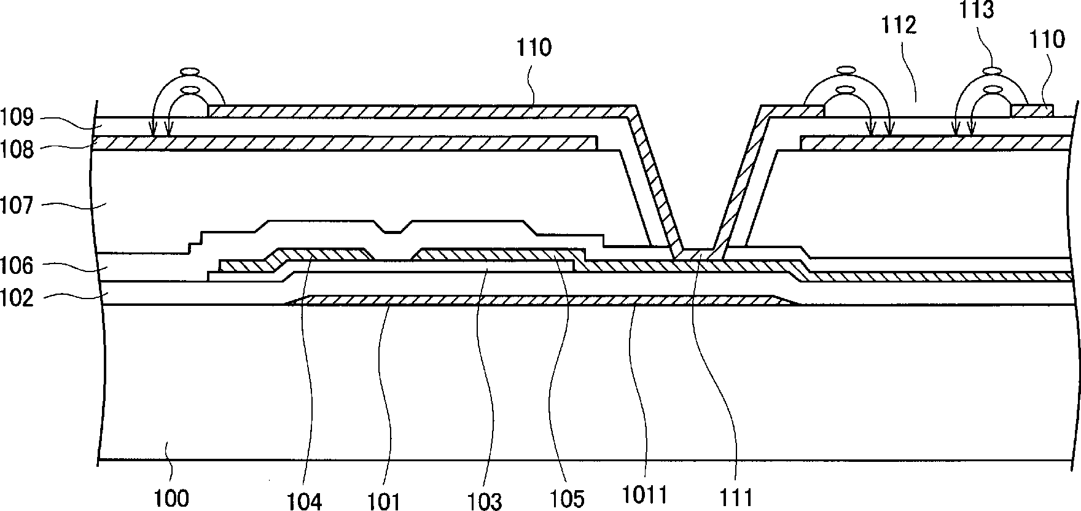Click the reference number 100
[171, 497]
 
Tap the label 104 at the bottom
[305, 501]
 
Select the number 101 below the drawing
[385, 501]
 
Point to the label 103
[485, 501]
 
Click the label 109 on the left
[17, 117]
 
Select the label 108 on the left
[17, 149]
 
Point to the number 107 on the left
[17, 204]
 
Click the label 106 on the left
[17, 266]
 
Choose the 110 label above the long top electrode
[534, 47]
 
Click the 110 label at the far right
[1047, 39]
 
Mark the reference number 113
[977, 10]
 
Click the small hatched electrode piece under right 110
[1032, 111]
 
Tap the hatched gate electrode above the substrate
[540, 300]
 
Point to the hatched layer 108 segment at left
[344, 142]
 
